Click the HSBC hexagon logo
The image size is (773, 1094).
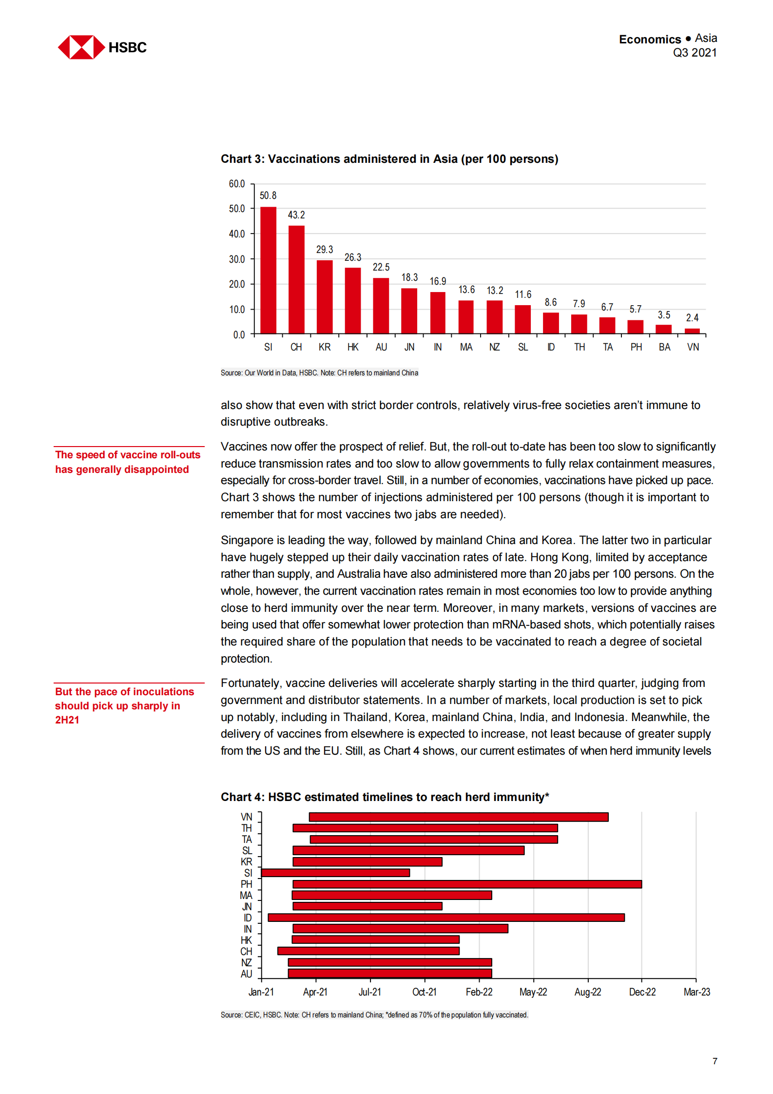click(81, 47)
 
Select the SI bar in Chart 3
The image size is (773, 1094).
click(268, 271)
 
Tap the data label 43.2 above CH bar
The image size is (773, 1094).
click(296, 215)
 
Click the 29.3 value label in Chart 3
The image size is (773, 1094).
click(325, 250)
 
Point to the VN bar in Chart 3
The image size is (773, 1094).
click(692, 331)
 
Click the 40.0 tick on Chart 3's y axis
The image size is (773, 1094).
click(237, 234)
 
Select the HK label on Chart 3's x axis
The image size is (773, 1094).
click(353, 347)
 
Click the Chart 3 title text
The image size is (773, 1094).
click(389, 159)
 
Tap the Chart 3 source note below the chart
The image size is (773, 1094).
click(319, 373)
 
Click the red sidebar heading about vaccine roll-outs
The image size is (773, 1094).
click(127, 462)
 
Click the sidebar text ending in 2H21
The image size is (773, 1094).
click(124, 705)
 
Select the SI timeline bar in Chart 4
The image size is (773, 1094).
click(335, 873)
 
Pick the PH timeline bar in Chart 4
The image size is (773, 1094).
click(467, 884)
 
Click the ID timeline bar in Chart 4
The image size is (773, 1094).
click(446, 918)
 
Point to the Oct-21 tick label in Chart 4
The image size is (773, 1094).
click(424, 992)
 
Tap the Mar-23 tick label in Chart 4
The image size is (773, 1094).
click(696, 992)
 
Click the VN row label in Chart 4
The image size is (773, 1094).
click(247, 817)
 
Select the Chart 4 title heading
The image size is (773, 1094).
click(385, 797)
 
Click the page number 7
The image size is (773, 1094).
click(715, 1061)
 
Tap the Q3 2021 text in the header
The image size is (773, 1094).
click(695, 53)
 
